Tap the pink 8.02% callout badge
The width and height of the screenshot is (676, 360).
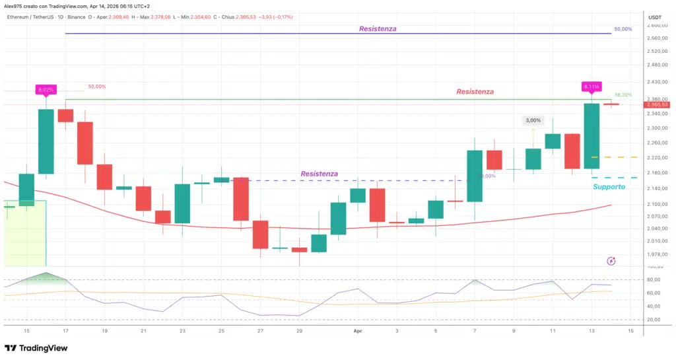click(x=46, y=89)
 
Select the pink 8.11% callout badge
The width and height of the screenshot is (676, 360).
click(x=591, y=87)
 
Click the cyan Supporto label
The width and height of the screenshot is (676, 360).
click(x=608, y=187)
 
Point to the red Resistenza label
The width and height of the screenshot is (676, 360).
click(x=475, y=92)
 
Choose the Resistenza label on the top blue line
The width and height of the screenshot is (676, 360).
click(x=378, y=29)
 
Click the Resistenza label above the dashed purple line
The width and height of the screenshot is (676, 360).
click(x=319, y=174)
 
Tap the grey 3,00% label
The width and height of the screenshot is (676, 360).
click(x=533, y=120)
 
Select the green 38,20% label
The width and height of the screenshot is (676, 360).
click(x=623, y=95)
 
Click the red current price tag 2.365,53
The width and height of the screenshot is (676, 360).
click(x=658, y=104)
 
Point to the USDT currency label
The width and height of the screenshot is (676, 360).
click(x=655, y=17)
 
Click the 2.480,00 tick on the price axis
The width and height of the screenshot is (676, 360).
click(x=658, y=65)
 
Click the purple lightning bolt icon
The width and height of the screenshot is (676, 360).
click(x=611, y=261)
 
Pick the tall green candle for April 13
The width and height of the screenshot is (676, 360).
click(x=591, y=136)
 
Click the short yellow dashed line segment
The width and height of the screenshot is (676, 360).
click(x=605, y=157)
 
